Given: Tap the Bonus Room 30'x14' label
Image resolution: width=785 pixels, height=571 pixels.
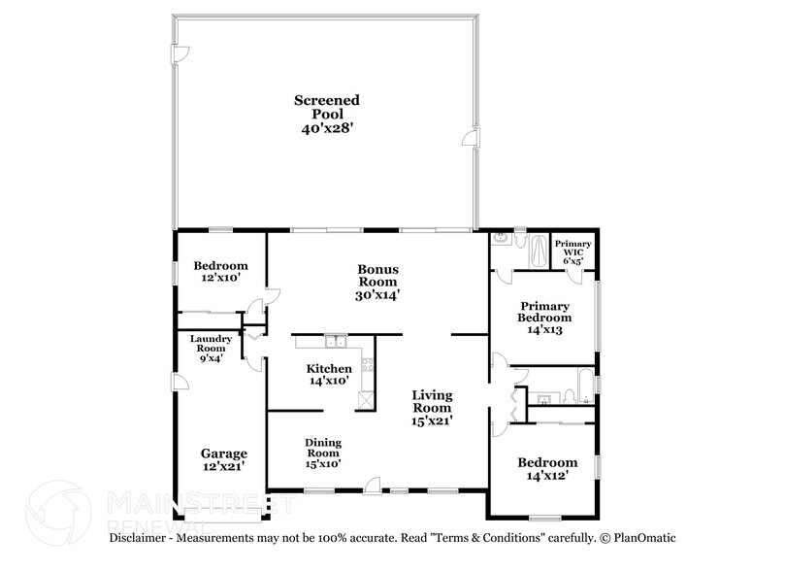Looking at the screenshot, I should coord(377,281).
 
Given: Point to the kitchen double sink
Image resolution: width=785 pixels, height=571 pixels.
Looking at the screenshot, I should coord(336,342).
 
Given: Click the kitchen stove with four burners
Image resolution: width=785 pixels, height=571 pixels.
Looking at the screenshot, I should coord(367,366).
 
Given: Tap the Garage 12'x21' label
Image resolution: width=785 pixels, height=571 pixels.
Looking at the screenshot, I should coord(223,459).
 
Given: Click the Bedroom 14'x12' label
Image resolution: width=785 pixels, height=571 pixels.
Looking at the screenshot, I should coord(546,469).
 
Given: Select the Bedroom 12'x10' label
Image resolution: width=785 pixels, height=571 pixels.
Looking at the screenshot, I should coord(220,272).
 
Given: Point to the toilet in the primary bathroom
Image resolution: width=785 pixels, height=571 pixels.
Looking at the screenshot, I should coord(521,240).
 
